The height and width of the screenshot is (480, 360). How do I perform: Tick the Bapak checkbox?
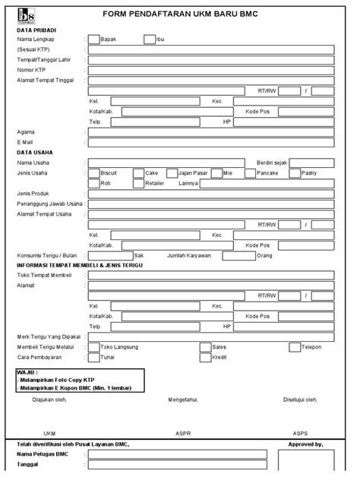click(x=93, y=39)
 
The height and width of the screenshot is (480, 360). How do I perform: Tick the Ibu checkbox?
click(x=149, y=39)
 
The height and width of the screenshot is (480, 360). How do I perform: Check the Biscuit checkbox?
click(x=93, y=173)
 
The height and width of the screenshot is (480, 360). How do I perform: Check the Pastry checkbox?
click(x=295, y=173)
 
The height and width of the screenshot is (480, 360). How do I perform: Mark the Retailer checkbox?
click(x=137, y=183)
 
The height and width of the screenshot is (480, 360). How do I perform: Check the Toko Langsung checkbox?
click(x=93, y=347)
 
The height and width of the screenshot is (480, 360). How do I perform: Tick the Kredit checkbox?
click(x=206, y=356)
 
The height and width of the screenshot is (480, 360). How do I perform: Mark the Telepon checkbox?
click(x=295, y=347)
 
